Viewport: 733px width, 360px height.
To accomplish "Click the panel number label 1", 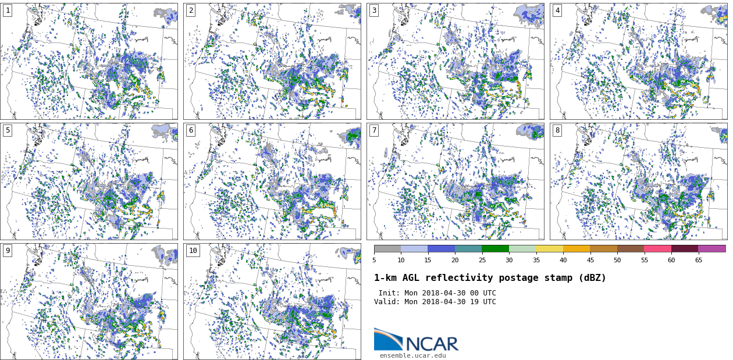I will [8, 10].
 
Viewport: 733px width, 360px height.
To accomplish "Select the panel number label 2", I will [191, 10].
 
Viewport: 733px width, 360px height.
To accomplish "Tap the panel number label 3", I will [374, 10].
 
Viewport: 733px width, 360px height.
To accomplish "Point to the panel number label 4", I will [557, 10].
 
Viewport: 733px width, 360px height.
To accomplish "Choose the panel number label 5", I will [8, 130].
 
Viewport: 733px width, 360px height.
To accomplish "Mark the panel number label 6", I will [191, 130].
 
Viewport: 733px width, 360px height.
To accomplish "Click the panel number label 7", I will [374, 130].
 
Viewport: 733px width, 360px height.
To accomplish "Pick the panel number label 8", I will [557, 130].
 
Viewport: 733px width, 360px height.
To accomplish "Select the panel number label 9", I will [8, 251].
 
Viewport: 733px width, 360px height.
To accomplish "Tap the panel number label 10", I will [193, 251].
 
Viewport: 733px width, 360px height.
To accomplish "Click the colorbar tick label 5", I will [374, 261].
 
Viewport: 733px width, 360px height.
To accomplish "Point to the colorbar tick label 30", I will [509, 261].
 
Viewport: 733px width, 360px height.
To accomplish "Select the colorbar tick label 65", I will [698, 261].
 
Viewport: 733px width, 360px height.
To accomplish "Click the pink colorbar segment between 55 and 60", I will [657, 248].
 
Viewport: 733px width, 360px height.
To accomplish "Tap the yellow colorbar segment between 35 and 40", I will [549, 248].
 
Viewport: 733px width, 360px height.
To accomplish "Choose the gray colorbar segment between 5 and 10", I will [387, 248].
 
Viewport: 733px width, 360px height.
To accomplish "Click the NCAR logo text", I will [432, 344].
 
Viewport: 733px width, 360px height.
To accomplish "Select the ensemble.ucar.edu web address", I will [413, 355].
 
